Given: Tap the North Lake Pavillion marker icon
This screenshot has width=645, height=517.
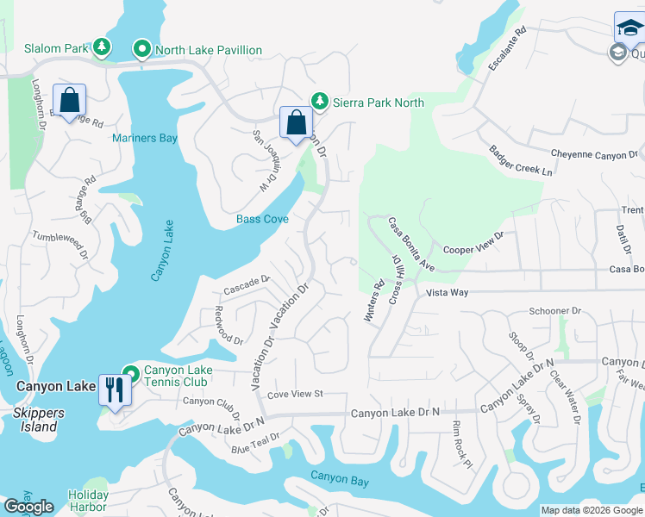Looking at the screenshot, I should click(x=142, y=49).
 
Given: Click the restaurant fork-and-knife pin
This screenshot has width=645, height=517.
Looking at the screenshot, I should click(x=114, y=389).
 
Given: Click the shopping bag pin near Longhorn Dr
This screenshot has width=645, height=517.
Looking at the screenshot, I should click(x=69, y=99).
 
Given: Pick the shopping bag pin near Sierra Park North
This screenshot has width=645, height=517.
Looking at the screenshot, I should click(x=296, y=122).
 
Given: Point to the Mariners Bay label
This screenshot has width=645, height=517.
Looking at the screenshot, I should click(x=145, y=138).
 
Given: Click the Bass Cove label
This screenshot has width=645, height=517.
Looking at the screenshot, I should click(x=262, y=219).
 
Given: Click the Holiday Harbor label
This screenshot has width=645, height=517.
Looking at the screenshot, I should click(x=88, y=501).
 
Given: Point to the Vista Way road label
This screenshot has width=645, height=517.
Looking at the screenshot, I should click(x=447, y=293).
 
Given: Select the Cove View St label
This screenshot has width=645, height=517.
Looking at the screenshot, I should click(x=294, y=394).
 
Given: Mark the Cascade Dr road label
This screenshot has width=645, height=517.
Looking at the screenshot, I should click(x=247, y=281).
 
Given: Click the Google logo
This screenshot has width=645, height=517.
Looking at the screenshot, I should click(x=29, y=507).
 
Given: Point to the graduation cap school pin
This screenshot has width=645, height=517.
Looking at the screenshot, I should click(x=628, y=28).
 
